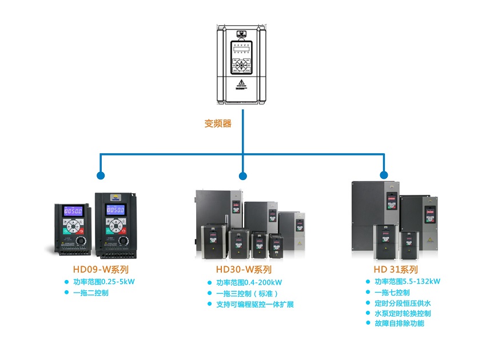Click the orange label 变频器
[x=218, y=123]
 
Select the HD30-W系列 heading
[x=244, y=270]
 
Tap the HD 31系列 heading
[x=396, y=270]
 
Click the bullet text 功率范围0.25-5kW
[x=103, y=282]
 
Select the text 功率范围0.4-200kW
[x=249, y=282]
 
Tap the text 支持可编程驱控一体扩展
[x=254, y=305]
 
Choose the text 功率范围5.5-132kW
[x=407, y=281]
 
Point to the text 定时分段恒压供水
[x=403, y=303]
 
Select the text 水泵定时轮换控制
[x=403, y=313]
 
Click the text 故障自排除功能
[x=399, y=323]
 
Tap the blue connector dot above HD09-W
[x=101, y=175]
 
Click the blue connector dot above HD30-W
[x=243, y=175]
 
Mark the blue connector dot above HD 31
[x=384, y=175]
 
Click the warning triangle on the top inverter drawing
[x=242, y=84]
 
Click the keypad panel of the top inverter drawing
[x=242, y=58]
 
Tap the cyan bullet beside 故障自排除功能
[x=368, y=323]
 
